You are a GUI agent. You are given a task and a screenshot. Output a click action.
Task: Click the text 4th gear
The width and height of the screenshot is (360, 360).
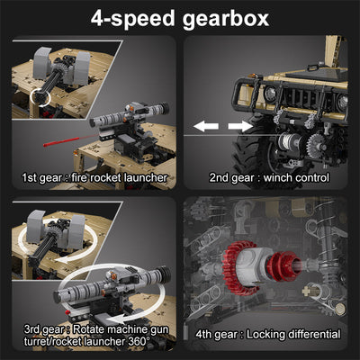pyautogui.click(x=216, y=335)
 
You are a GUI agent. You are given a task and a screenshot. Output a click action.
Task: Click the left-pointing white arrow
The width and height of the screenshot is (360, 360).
pyautogui.click(x=206, y=125)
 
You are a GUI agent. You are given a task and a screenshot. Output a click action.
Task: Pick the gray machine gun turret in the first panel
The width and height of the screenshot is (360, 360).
pyautogui.click(x=54, y=72)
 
